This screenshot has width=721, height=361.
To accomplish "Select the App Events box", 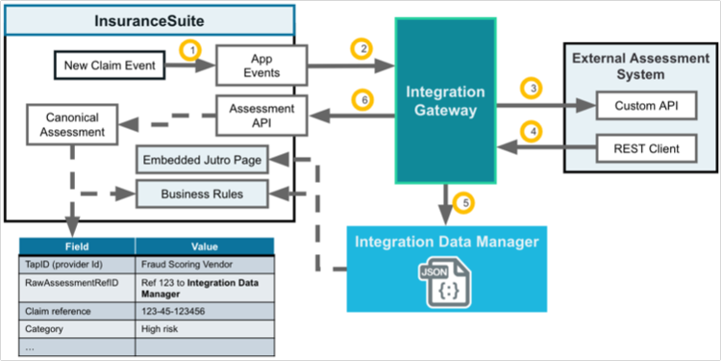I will pyautogui.click(x=262, y=64).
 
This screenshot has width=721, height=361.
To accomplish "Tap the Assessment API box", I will pyautogui.click(x=262, y=116).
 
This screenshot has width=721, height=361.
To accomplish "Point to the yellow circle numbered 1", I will pyautogui.click(x=194, y=48).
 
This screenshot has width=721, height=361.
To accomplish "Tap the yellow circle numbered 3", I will pyautogui.click(x=531, y=89).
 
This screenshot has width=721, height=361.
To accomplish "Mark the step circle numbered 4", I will pyautogui.click(x=531, y=130).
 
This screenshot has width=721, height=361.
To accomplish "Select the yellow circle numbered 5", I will pyautogui.click(x=466, y=203).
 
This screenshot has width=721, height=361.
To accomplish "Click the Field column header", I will pyautogui.click(x=78, y=245).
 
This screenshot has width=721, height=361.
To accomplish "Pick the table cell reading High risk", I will pyautogui.click(x=204, y=328).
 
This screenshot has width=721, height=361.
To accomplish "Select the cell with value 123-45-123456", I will pyautogui.click(x=204, y=310).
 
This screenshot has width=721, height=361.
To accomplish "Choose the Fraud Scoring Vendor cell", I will pyautogui.click(x=204, y=264).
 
